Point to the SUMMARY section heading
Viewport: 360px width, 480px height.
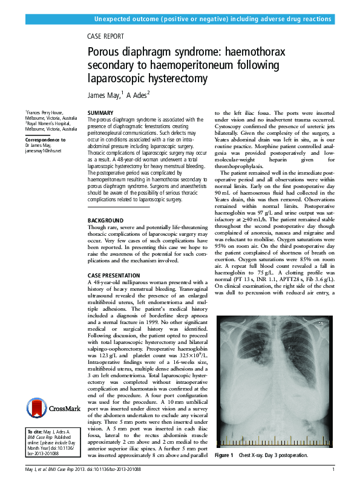(x=100, y=114)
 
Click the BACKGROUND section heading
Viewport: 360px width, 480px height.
(x=106, y=220)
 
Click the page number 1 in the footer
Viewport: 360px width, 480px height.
(x=333, y=469)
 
